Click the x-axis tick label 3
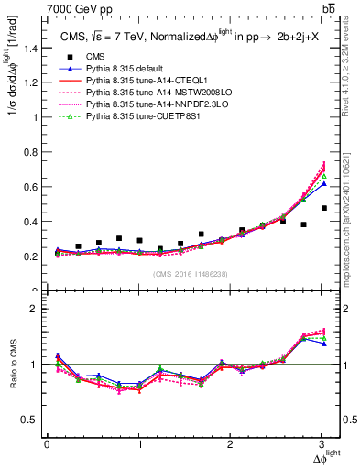[x=323, y=445]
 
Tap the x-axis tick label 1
[x=139, y=445]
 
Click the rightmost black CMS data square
[x=323, y=234]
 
